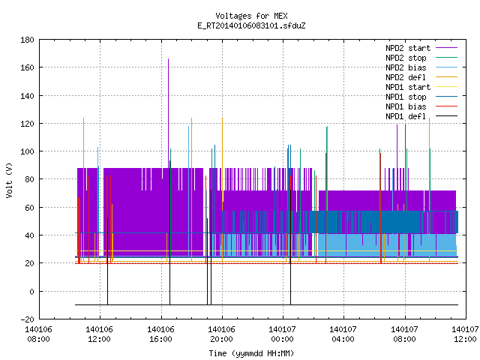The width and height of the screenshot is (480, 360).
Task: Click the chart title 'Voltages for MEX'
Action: pos(251,16)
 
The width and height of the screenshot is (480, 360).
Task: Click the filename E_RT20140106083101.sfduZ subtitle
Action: pos(251,25)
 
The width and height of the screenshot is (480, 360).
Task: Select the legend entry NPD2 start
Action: pos(408,48)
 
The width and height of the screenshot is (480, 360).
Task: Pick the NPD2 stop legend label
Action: pos(406,58)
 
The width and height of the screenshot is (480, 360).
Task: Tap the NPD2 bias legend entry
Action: pos(406,67)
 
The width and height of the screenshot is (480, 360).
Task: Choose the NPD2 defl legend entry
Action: pos(406,77)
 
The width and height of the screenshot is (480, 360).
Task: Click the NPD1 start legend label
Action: pos(408,87)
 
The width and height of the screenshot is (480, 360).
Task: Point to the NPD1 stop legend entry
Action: pos(406,97)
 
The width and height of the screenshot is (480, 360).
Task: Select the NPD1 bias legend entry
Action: pos(406,106)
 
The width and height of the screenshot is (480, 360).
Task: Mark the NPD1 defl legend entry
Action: pos(406,117)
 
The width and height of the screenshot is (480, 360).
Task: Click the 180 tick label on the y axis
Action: pos(27,40)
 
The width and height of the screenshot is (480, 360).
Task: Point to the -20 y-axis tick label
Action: pos(27,319)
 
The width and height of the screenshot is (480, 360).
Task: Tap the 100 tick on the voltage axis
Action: pos(27,151)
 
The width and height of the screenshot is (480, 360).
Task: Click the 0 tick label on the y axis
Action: pos(31,292)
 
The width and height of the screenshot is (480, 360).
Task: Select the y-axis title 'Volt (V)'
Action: pos(9,180)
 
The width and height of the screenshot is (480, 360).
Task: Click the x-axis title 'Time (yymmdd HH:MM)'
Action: pos(251,353)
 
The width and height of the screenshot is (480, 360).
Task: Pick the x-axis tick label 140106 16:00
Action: pos(160,334)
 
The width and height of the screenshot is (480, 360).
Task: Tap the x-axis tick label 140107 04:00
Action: pos(343,334)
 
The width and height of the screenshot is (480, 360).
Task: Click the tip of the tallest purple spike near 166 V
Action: pos(168,58)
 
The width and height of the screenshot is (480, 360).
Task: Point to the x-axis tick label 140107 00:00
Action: pos(282,334)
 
